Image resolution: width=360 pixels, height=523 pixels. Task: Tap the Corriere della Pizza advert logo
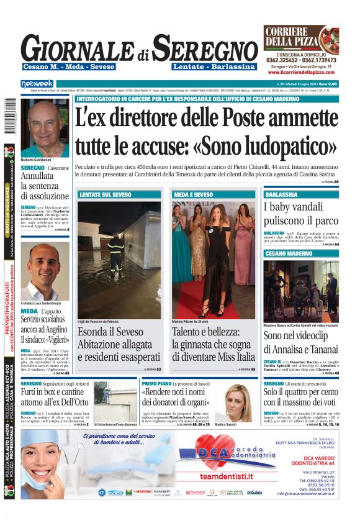click(x=301, y=39)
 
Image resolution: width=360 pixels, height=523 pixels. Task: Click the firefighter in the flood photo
click(x=115, y=252)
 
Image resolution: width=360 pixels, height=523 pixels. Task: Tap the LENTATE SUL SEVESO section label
click(x=106, y=194)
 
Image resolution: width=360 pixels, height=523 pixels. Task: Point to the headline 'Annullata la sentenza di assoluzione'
click(x=45, y=186)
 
